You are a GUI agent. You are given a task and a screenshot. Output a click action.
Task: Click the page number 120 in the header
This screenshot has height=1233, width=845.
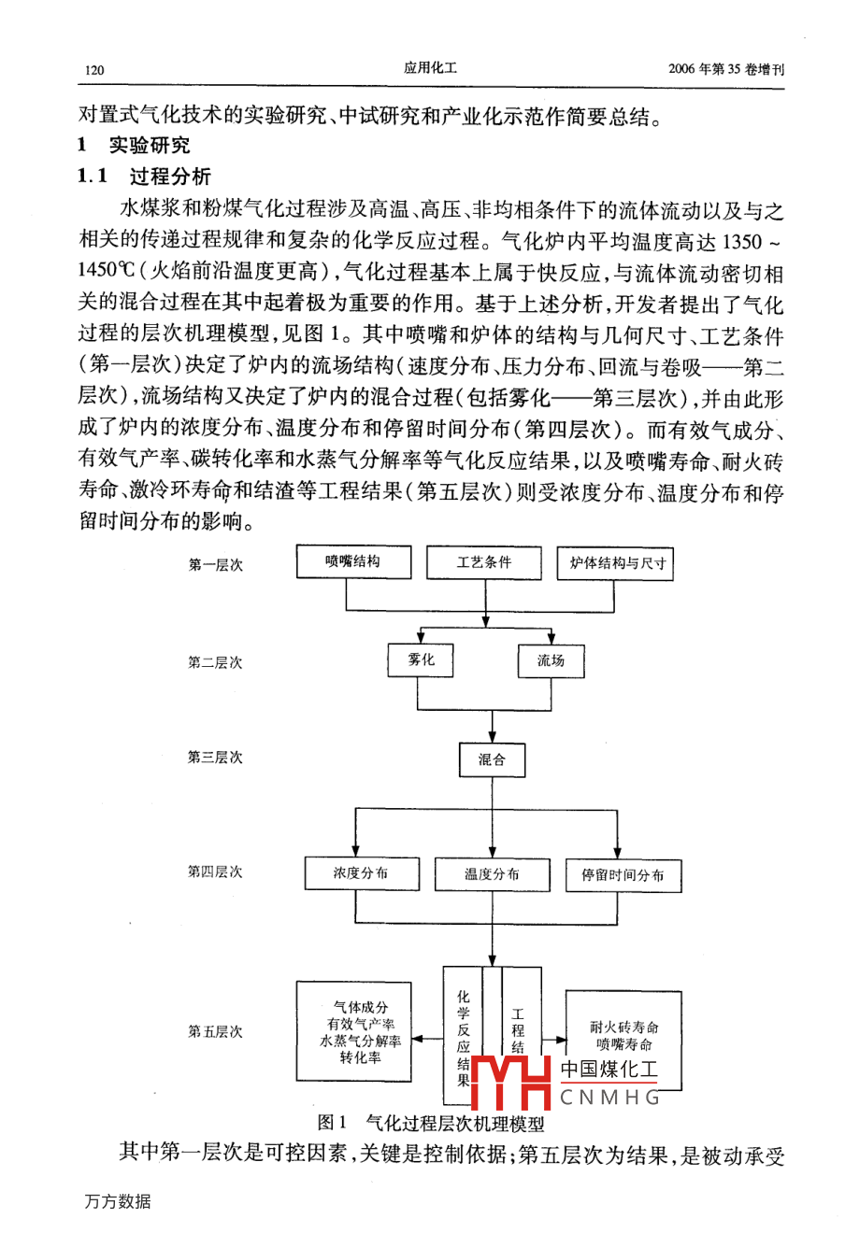pos(93,69)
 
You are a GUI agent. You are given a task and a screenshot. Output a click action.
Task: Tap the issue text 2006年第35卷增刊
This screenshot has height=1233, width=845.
pos(726,69)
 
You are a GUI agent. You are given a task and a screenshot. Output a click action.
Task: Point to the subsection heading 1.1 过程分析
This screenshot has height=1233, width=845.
pos(145,176)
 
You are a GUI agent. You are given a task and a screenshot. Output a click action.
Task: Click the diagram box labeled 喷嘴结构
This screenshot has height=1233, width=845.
pos(352,562)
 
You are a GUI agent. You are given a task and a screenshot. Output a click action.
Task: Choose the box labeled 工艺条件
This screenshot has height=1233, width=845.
pos(483,562)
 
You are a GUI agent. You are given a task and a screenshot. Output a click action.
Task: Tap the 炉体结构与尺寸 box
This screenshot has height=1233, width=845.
pos(616,564)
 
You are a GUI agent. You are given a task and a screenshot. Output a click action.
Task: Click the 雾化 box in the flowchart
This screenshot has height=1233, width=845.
pos(422,660)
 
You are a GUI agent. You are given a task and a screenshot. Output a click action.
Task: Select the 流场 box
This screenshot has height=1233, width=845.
pos(551,661)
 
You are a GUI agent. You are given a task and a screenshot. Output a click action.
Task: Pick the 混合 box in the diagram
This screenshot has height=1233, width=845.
pos(492,759)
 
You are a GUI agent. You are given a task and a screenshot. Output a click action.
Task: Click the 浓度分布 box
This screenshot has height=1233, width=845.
pos(360,873)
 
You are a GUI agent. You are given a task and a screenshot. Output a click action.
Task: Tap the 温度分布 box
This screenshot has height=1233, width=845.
pos(492,874)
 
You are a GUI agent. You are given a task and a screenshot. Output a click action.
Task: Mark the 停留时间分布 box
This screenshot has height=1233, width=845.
pos(623,875)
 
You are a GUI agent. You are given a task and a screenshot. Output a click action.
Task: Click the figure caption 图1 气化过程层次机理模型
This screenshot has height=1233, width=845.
pos(431,1123)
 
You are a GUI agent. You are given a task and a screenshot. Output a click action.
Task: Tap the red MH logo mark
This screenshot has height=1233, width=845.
pos(510,1081)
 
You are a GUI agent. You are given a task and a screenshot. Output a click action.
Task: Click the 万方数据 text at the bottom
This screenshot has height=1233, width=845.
pos(117,1201)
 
